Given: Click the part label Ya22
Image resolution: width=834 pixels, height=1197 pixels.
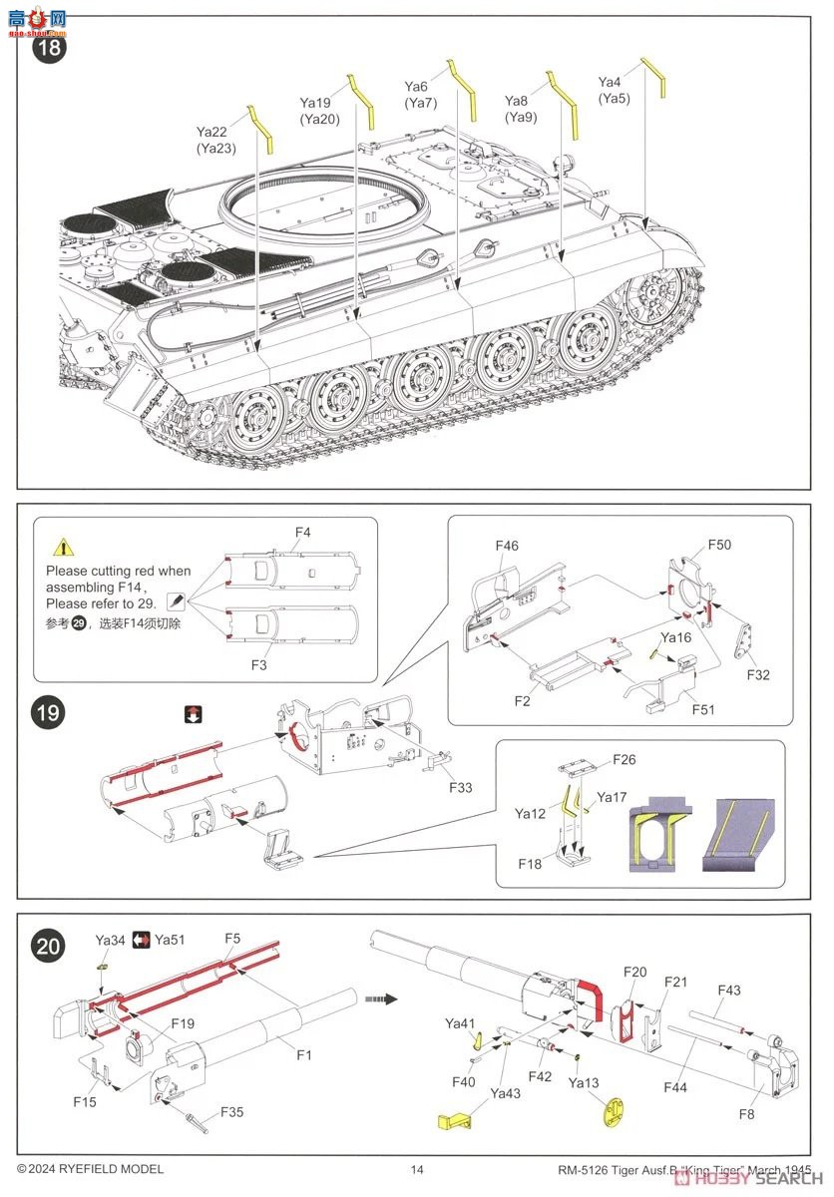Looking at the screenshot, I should pos(211,132).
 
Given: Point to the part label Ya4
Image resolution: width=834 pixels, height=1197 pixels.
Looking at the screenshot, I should pos(610,82).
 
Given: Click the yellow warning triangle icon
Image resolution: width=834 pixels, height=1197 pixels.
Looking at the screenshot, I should pos(63,547).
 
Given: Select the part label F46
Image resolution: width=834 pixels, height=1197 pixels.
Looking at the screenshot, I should pos(507,546).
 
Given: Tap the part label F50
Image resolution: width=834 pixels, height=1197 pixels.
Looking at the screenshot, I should pos(719,545).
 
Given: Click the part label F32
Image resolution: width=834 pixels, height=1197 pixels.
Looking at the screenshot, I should pos(759,674).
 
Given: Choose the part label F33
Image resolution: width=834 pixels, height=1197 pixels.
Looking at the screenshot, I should pos(460,788).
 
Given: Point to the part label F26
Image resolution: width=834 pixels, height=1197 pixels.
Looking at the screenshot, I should pos(624,760).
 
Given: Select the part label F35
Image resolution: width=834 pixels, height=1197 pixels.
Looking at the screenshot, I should pos(231,1111).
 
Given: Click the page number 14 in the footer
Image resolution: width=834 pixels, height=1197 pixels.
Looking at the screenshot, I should pos(417,1169).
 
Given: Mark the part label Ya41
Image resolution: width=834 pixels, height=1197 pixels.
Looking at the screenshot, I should pos(460,1023).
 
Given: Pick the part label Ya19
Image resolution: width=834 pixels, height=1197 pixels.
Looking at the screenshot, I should pos(315,103).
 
